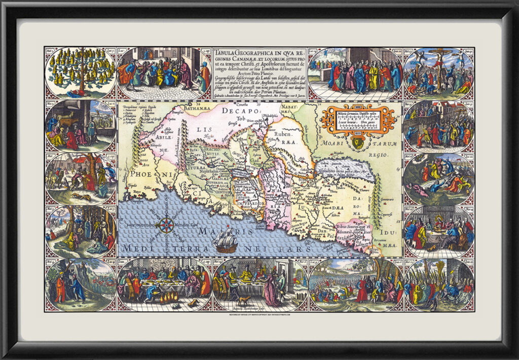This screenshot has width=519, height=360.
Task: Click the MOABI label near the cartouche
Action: pos(335,143)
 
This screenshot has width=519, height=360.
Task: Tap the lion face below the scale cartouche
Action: pos(359,143)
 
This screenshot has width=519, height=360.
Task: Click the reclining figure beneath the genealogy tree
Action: pos(81,94)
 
